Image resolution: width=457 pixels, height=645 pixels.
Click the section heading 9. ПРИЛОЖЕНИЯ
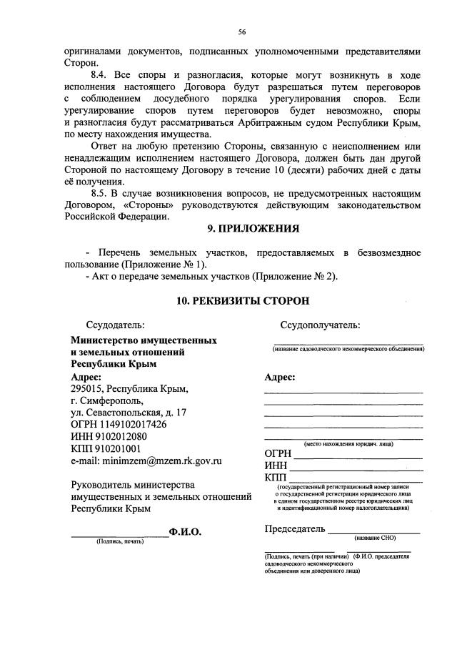[x=243, y=230]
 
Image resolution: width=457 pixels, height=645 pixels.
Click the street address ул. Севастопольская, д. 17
[x=129, y=413]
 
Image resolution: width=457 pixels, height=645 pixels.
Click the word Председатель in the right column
[x=294, y=529]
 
